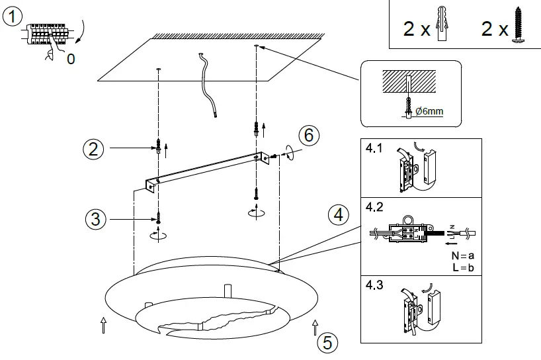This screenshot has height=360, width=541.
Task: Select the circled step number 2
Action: tap(94, 149)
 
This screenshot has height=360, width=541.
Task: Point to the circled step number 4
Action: tap(339, 215)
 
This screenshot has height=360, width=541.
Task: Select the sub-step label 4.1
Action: tap(374, 148)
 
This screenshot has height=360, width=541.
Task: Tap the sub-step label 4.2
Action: tap(374, 207)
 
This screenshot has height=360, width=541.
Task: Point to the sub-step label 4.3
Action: tap(374, 287)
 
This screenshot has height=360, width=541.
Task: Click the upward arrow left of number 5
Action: tap(315, 325)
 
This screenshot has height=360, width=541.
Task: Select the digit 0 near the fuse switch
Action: tap(71, 59)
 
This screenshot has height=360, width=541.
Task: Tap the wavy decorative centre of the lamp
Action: tap(212, 322)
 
